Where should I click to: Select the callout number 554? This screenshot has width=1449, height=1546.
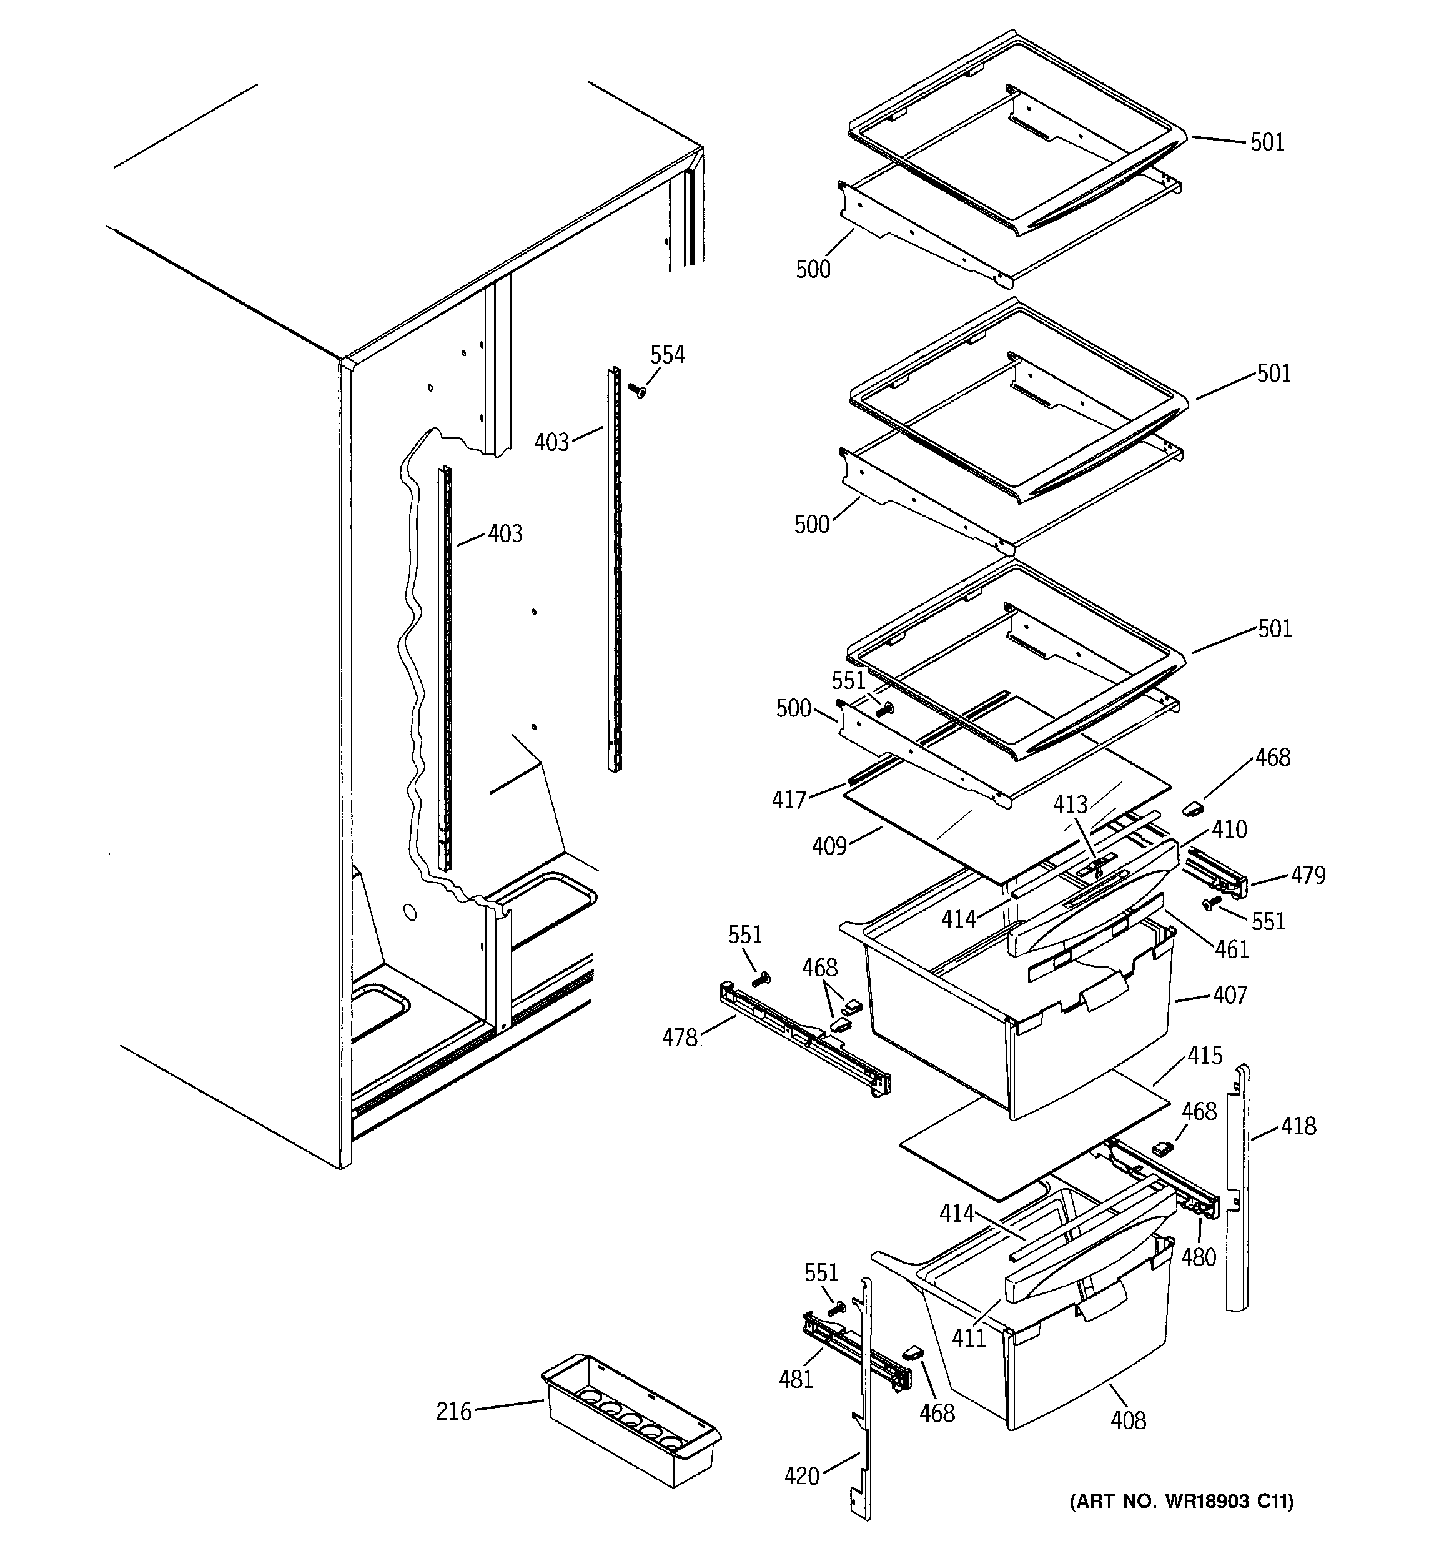point(667,355)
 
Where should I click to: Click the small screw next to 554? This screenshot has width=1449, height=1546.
point(637,390)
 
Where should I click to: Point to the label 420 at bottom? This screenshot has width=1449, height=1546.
point(802,1475)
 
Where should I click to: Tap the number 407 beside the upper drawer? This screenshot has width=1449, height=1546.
point(1229,994)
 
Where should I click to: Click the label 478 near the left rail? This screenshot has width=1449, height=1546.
point(679,1038)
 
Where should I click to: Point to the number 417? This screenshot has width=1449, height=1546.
point(789,800)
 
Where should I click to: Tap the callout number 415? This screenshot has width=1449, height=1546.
point(1204,1055)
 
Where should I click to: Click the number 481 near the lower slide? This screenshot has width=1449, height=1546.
point(796,1379)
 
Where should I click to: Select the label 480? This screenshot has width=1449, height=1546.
point(1198,1257)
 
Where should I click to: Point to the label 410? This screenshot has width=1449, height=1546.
point(1229,829)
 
